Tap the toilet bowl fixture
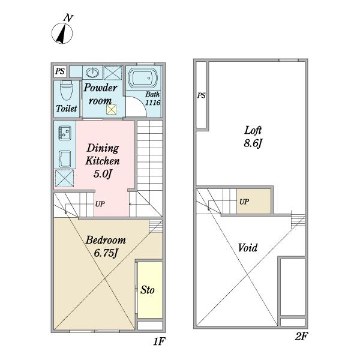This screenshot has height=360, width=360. pyautogui.click(x=67, y=90)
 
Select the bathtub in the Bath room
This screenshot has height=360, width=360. pyautogui.click(x=142, y=78)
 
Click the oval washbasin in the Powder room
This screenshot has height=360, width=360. pyautogui.click(x=92, y=73)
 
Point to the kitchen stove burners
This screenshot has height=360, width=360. pyautogui.click(x=65, y=133)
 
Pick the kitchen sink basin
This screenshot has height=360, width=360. pyautogui.click(x=65, y=159)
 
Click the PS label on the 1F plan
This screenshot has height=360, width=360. pyautogui.click(x=60, y=71)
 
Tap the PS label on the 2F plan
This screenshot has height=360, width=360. pyautogui.click(x=202, y=95)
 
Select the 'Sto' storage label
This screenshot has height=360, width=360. pyautogui.click(x=148, y=290)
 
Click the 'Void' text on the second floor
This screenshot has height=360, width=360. pyautogui.click(x=247, y=248)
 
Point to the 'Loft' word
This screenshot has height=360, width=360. pyautogui.click(x=253, y=130)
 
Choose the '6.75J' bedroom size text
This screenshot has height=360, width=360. pyautogui.click(x=106, y=253)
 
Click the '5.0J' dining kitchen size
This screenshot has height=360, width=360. pyautogui.click(x=103, y=174)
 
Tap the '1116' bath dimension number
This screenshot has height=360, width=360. pyautogui.click(x=152, y=103)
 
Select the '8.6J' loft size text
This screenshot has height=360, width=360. pyautogui.click(x=253, y=143)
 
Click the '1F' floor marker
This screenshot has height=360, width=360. pyautogui.click(x=159, y=341)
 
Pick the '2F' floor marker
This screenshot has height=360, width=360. pyautogui.click(x=301, y=337)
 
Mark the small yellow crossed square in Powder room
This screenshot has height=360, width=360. pyautogui.click(x=112, y=109)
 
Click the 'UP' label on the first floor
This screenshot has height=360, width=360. pyautogui.click(x=100, y=204)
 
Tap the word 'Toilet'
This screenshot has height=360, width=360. pyautogui.click(x=67, y=109)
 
